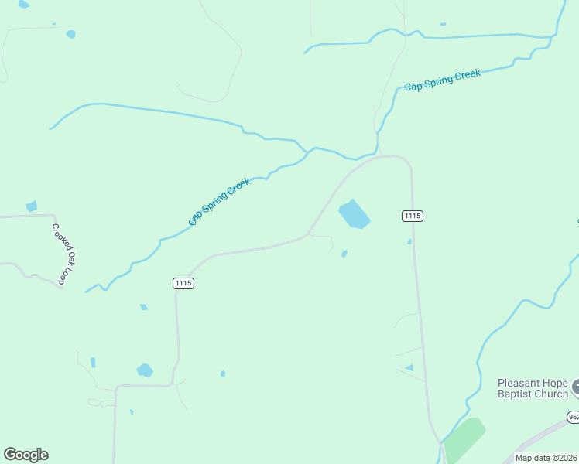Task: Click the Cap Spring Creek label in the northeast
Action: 442,80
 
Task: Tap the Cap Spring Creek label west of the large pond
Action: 219,202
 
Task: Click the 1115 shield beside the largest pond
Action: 413,216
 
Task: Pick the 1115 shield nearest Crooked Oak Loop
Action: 183,284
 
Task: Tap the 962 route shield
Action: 573,416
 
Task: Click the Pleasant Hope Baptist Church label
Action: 533,388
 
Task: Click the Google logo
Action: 26,455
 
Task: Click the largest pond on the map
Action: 355,214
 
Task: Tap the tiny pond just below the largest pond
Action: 344,253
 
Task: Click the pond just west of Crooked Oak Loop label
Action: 31,206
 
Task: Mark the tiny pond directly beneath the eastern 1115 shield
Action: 409,242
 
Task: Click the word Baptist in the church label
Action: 519,394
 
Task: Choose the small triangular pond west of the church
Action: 409,367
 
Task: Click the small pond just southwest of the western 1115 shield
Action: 143,307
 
